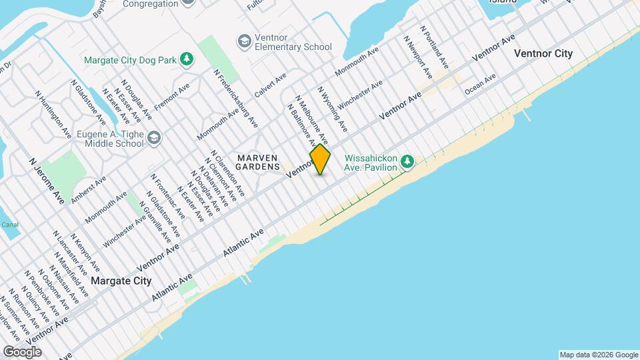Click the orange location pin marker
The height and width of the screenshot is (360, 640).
click(320, 159)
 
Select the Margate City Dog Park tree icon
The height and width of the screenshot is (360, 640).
click(187, 60)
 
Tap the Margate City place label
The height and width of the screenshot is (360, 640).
click(121, 281)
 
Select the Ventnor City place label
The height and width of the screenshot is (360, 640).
click(543, 53)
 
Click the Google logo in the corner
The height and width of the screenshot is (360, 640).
click(22, 351)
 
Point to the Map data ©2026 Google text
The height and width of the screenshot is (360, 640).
click(598, 355)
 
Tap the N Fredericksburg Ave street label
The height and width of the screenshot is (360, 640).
click(236, 99)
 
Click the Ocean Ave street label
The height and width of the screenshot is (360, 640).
click(481, 83)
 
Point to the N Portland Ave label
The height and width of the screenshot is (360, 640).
click(434, 47)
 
